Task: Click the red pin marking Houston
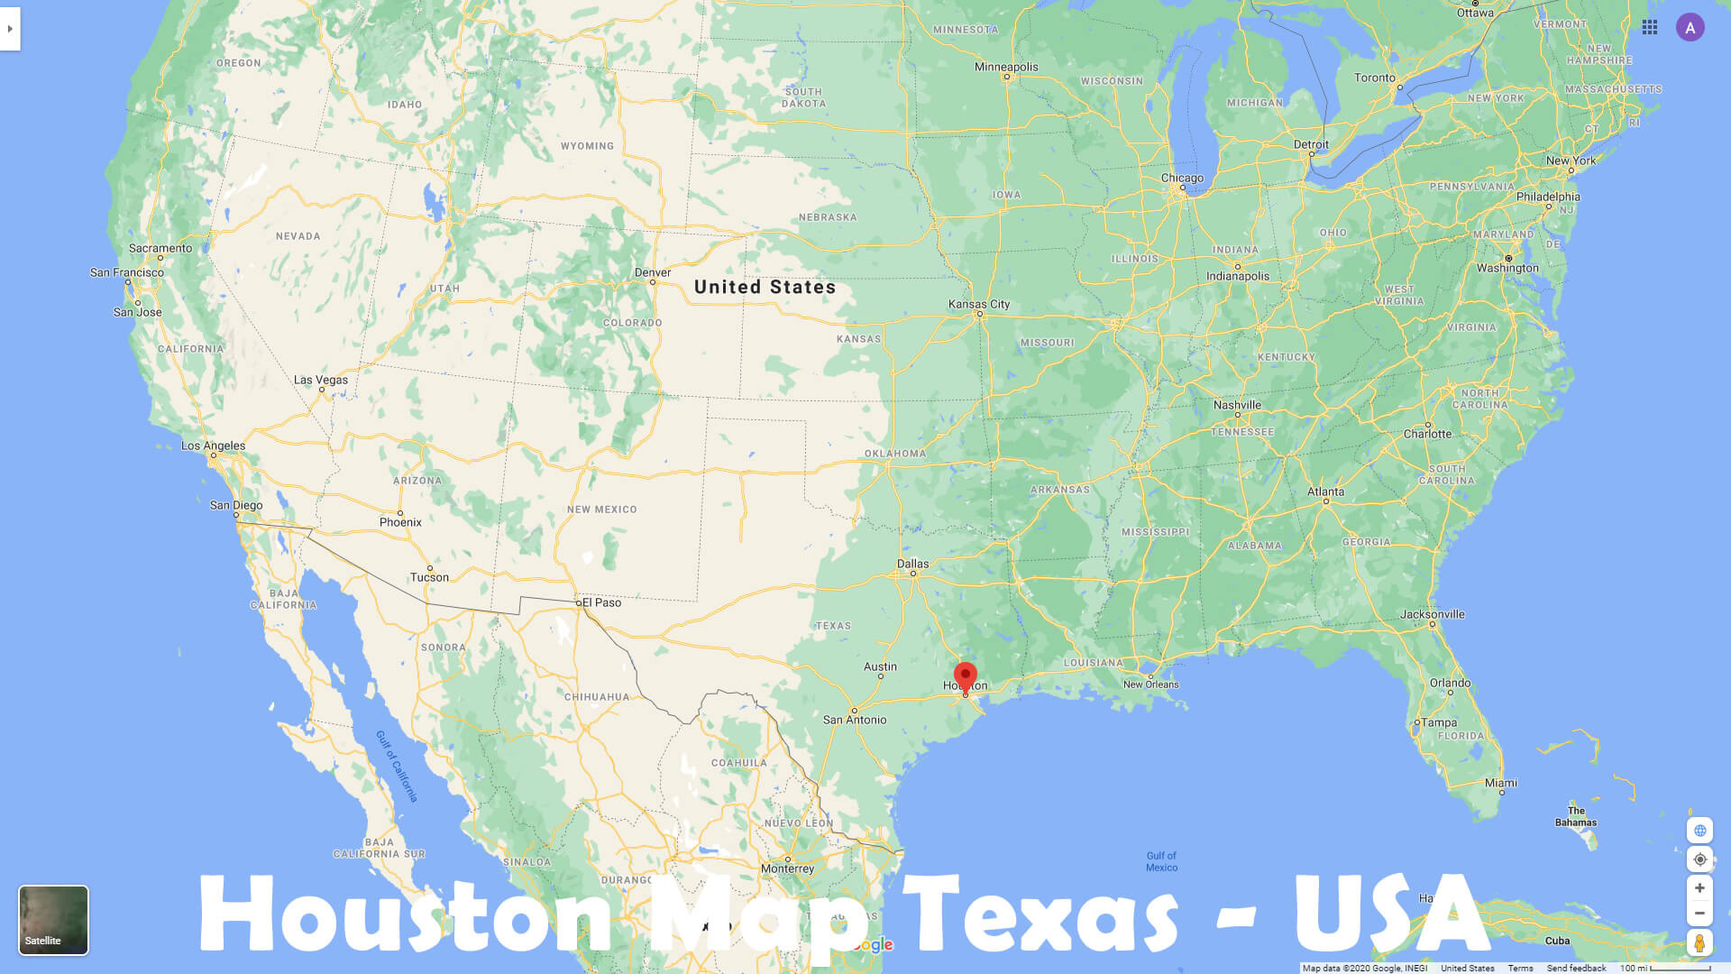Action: tap(965, 676)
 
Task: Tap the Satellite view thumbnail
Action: tap(53, 919)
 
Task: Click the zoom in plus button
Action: tap(1699, 888)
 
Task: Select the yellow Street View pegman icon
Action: tap(1699, 943)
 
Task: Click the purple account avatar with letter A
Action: tap(1690, 28)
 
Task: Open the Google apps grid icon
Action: tap(1650, 28)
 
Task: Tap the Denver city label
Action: tap(653, 272)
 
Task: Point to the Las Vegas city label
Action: tap(321, 380)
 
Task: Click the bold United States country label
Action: tap(765, 287)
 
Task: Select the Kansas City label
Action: tap(979, 304)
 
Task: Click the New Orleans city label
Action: tap(1150, 685)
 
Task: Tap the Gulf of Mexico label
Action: tap(1161, 861)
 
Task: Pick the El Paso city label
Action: tap(601, 602)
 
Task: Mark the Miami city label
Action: tap(1501, 783)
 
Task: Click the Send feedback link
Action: tap(1576, 968)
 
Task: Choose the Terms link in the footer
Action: tap(1520, 968)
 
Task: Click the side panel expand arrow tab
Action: tap(10, 29)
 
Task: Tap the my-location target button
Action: tap(1699, 859)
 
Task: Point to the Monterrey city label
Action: tap(787, 868)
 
